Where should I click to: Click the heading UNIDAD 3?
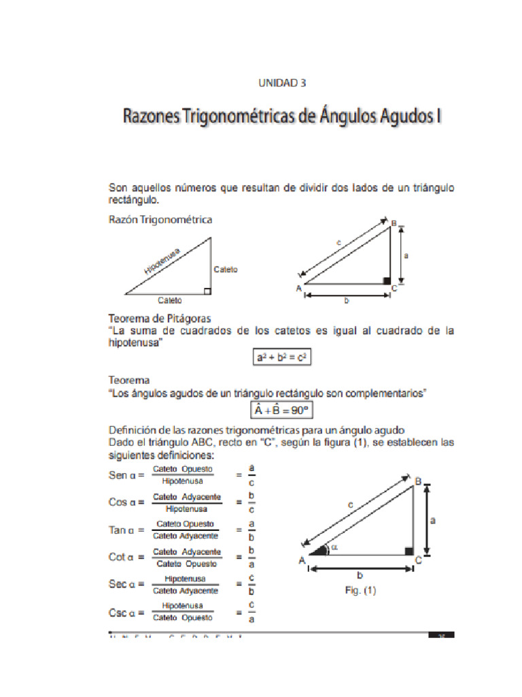[x=282, y=83]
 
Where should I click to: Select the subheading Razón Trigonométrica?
[x=160, y=220]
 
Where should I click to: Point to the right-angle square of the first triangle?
[x=207, y=291]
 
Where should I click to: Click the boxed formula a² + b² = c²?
[x=281, y=357]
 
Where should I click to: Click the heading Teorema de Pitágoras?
[x=160, y=319]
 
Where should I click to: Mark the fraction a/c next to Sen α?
[x=251, y=475]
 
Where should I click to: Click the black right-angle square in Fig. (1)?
[x=408, y=551]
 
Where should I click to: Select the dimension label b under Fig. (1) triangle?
[x=360, y=574]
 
